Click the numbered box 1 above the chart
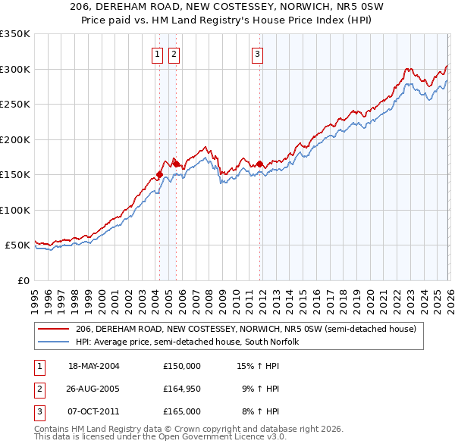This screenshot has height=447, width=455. click(x=157, y=54)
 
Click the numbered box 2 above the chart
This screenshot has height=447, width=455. click(x=174, y=54)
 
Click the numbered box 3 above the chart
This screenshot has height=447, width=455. click(x=257, y=54)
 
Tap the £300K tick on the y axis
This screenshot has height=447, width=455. click(x=15, y=69)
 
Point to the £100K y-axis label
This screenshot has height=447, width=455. click(x=15, y=210)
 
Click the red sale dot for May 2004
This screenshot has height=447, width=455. click(x=159, y=175)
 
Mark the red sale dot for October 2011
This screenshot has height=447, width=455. click(x=259, y=164)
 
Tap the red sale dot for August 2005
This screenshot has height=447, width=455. click(x=177, y=164)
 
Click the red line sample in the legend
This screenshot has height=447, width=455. click(x=54, y=330)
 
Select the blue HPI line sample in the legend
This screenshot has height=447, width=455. click(x=54, y=342)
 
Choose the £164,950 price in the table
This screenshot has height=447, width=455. click(x=182, y=389)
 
